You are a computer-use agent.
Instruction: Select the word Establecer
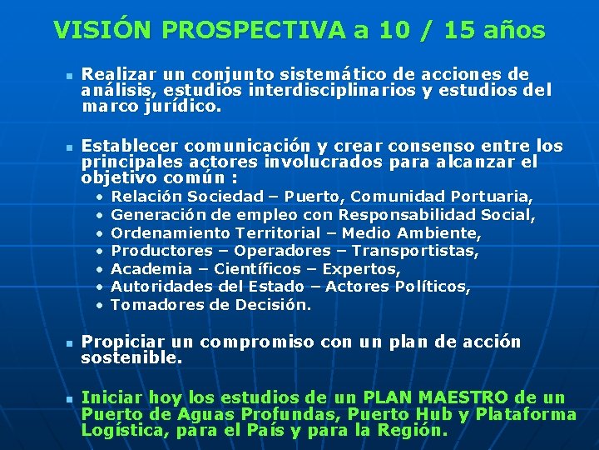coord(127,146)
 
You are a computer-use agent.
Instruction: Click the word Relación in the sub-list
coord(146,197)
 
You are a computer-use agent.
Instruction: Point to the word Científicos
coord(260,269)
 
